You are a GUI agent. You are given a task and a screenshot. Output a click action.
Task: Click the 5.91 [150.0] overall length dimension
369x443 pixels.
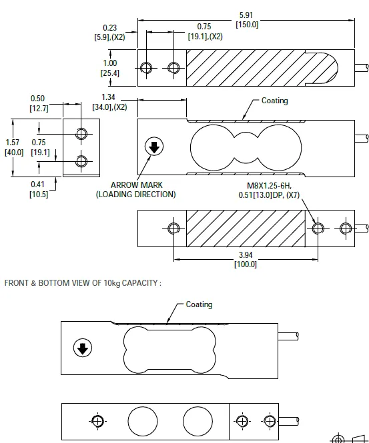tap(246, 19)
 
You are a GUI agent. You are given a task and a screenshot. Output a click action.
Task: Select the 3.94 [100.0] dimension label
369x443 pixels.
tap(246, 259)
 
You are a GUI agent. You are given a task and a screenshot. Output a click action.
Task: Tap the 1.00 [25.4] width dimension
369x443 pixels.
tap(109, 68)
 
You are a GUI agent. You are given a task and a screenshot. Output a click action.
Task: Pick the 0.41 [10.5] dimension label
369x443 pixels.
tap(38, 189)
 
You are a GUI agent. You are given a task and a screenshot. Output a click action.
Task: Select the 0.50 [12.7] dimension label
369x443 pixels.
tap(38, 103)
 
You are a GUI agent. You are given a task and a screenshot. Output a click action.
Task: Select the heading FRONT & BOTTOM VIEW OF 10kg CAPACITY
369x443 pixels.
tap(83, 283)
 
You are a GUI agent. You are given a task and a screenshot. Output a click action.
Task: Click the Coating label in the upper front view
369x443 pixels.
tap(274, 101)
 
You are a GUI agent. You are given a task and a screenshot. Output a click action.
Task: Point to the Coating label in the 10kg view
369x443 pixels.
tap(199, 304)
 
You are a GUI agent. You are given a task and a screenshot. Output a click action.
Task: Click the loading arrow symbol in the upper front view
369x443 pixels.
tap(154, 147)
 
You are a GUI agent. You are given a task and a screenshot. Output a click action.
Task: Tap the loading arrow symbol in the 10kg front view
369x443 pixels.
tap(83, 348)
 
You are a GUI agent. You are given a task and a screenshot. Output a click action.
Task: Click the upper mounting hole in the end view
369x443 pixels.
tap(81, 134)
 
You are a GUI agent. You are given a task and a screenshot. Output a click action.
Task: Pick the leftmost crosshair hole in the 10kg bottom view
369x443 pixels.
tap(98, 421)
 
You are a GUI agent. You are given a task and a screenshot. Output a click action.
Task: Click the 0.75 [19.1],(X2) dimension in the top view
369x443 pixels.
tap(205, 31)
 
